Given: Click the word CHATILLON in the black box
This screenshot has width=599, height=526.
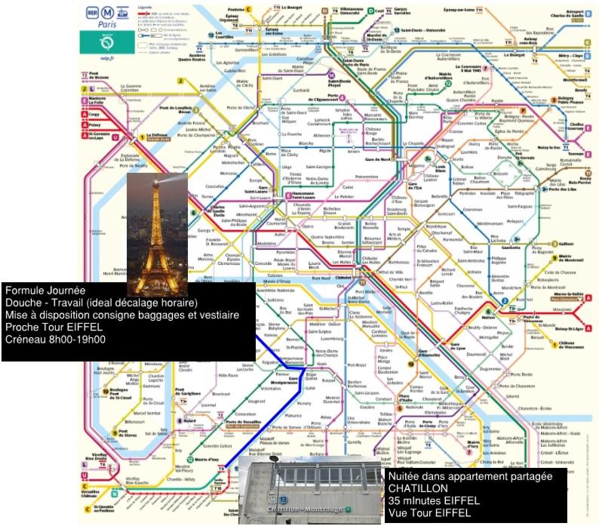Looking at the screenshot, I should pyautogui.click(x=413, y=487).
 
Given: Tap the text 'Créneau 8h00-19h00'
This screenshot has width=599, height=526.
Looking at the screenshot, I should pyautogui.click(x=55, y=339).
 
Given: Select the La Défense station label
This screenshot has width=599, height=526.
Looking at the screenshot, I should pyautogui.click(x=158, y=137).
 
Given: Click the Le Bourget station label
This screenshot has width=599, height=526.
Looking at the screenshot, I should pyautogui.click(x=512, y=55).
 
